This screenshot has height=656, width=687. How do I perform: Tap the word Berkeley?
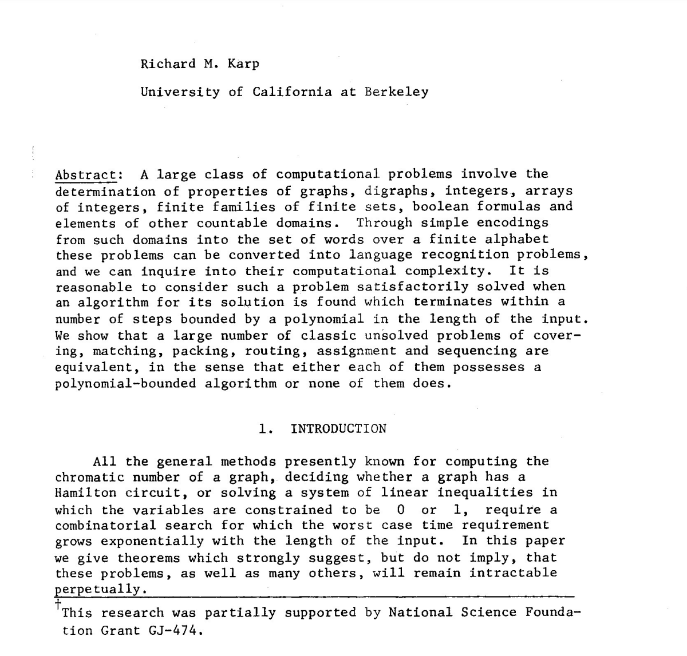click(x=396, y=92)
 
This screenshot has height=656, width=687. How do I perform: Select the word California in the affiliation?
click(x=292, y=92)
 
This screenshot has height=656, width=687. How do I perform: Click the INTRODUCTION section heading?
click(x=338, y=429)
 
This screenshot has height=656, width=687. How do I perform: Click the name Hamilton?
click(x=86, y=493)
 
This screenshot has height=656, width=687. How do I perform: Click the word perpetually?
click(x=98, y=589)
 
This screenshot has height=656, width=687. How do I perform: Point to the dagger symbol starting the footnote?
click(x=58, y=605)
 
